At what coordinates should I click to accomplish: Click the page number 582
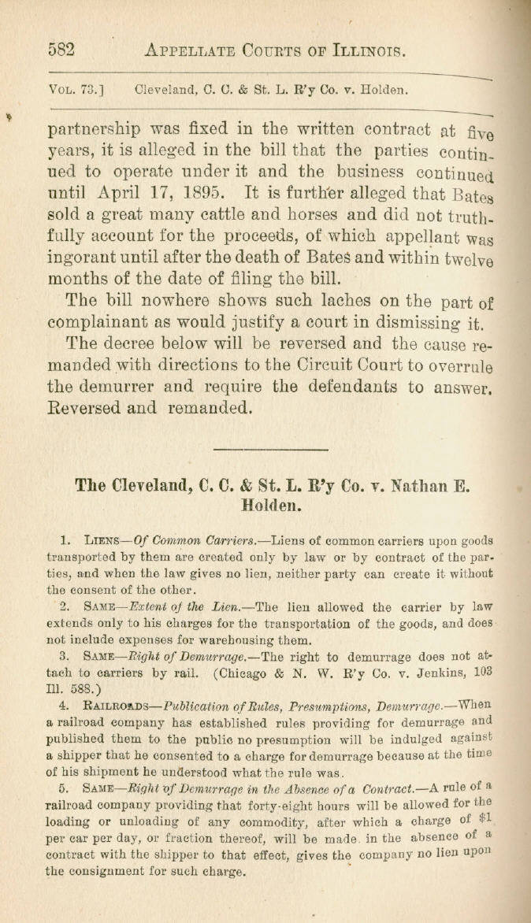[x=61, y=50]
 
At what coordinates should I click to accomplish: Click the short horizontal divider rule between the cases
[x=270, y=450]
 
